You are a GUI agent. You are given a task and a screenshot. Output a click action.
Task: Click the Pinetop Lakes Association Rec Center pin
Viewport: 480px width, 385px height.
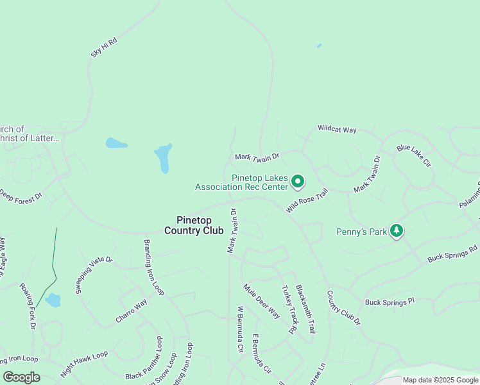pos(298,182)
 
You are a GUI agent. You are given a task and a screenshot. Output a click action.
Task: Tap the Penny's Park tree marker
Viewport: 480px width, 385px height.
pos(397,231)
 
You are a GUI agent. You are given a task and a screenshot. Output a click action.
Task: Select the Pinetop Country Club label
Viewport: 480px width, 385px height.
pos(194,225)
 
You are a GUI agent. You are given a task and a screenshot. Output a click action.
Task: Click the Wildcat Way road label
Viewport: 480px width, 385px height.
pos(337,130)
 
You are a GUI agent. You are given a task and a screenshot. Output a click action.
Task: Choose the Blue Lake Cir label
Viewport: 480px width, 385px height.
pos(414,156)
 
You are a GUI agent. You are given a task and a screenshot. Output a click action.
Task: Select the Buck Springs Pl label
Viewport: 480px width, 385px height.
pos(390,302)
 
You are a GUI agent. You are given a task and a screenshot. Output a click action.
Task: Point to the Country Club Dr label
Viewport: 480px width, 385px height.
pos(344,308)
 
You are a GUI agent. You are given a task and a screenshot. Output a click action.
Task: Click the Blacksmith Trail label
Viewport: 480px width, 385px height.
pos(305,309)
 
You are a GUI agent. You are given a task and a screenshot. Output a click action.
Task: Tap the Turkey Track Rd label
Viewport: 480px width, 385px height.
pos(287,309)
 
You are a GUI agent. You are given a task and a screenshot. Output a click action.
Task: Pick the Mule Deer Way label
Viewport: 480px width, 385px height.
pos(262,301)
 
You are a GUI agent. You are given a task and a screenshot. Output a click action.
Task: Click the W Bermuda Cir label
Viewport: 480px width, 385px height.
pos(241,329)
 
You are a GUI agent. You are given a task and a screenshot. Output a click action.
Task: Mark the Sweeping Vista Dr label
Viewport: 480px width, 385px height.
pos(94,275)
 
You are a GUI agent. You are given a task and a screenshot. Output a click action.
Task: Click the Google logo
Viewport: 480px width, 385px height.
pos(21,377)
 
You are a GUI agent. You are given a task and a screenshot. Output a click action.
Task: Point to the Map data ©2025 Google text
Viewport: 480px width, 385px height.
pos(440,380)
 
